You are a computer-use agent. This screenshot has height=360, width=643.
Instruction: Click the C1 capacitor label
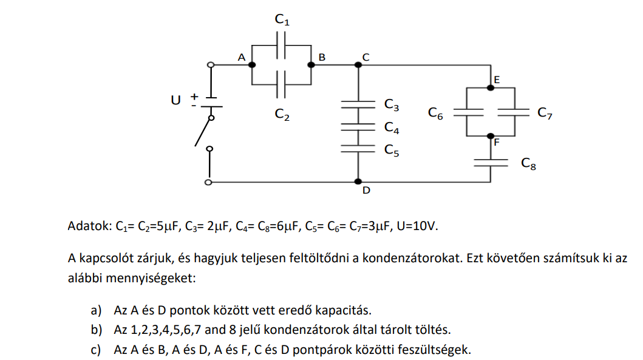282,19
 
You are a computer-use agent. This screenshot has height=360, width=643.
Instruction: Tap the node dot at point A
252,65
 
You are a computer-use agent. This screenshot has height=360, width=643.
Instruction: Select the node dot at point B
311,65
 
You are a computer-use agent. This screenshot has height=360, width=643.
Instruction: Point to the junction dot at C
358,65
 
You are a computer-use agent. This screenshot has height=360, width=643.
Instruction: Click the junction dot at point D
358,182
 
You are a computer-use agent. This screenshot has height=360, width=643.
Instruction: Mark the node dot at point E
491,88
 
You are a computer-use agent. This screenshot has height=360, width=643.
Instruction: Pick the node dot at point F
491,136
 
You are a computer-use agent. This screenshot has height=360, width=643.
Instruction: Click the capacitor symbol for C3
358,104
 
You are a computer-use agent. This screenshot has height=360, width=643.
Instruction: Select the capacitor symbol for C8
491,163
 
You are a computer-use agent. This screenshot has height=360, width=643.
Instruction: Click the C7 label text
545,113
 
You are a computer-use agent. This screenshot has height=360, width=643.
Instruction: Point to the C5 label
392,151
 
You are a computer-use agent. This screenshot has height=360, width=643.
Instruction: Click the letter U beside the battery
175,100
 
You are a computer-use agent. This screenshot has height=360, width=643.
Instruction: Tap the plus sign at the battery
194,97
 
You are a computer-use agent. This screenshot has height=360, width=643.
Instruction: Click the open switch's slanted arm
203,132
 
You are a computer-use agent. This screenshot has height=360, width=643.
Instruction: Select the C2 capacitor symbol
281,84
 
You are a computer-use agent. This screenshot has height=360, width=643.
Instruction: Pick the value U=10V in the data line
417,226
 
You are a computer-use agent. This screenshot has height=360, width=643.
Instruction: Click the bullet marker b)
97,330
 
